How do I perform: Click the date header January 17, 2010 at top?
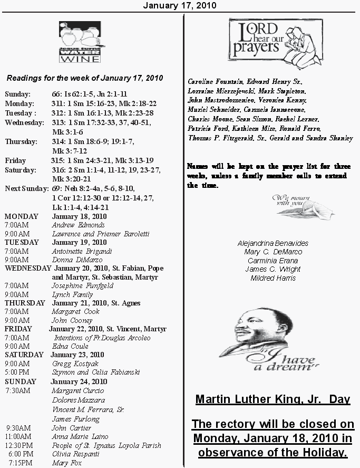[180, 5]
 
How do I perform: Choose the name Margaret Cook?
[75, 312]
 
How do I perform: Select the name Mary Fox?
[66, 463]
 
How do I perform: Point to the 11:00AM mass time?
[18, 437]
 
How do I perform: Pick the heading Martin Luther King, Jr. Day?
[273, 399]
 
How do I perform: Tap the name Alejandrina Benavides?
[273, 244]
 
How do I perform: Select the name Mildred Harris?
[273, 278]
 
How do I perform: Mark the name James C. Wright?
[273, 270]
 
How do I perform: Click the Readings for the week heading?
[84, 78]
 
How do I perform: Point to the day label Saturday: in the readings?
[21, 170]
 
